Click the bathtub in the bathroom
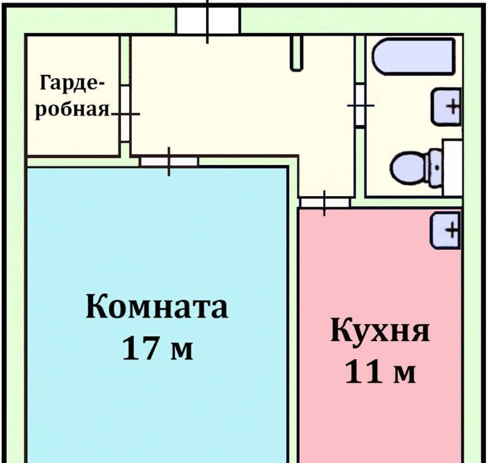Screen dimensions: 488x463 (x=413, y=56)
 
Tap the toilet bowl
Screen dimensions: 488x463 (x=410, y=167)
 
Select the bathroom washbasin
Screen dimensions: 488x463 (x=446, y=107)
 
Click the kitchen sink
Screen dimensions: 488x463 (x=446, y=231)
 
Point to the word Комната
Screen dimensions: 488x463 (x=157, y=306)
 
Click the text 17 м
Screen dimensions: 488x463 (x=158, y=347)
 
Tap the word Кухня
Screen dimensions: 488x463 (x=380, y=330)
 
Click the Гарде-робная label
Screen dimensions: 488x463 (x=72, y=96)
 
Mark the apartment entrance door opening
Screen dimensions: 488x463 (x=208, y=20)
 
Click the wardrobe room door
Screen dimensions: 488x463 (x=125, y=114)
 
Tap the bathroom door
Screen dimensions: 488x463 (x=361, y=105)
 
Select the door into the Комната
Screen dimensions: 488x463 (x=169, y=162)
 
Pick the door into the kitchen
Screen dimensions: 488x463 (x=324, y=203)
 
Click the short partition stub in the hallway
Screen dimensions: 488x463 (x=297, y=53)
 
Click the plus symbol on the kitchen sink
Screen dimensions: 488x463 (x=452, y=231)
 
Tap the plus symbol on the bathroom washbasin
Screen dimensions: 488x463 (x=453, y=107)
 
